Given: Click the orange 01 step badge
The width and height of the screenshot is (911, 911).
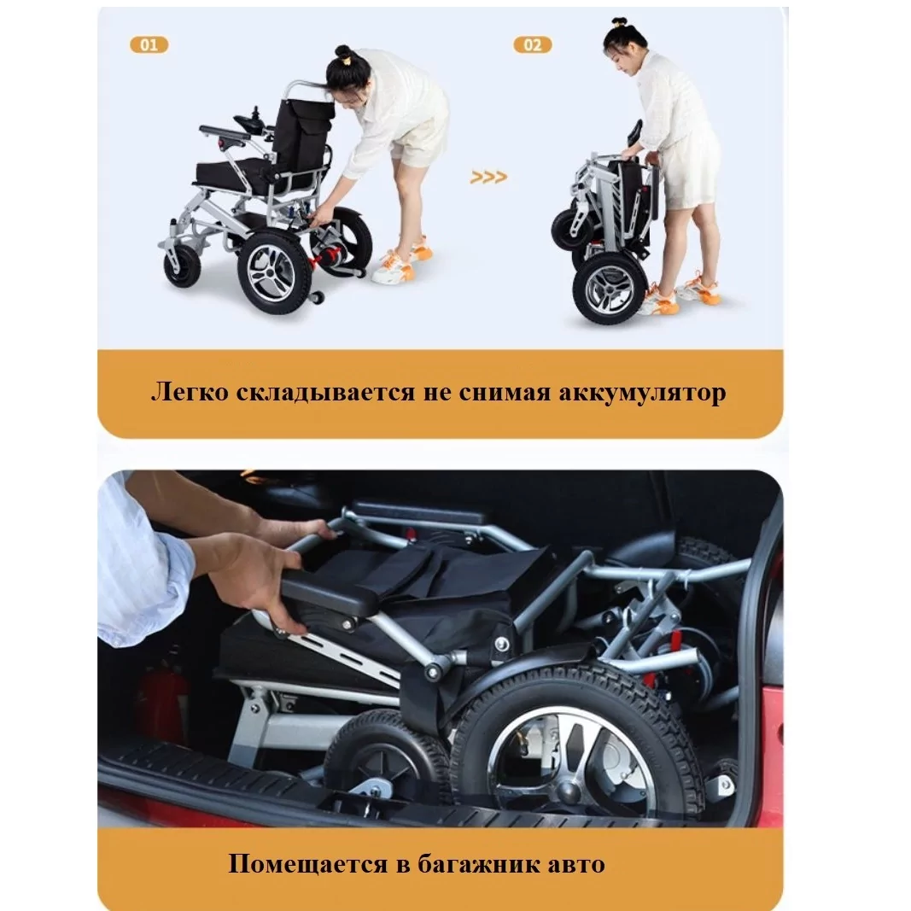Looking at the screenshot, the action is click(149, 44).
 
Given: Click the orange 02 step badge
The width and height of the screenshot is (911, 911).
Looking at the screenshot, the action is click(533, 44).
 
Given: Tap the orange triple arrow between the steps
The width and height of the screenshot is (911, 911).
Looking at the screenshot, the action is click(488, 177).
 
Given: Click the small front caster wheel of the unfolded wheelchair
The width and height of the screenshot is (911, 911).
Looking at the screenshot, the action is click(181, 266).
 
